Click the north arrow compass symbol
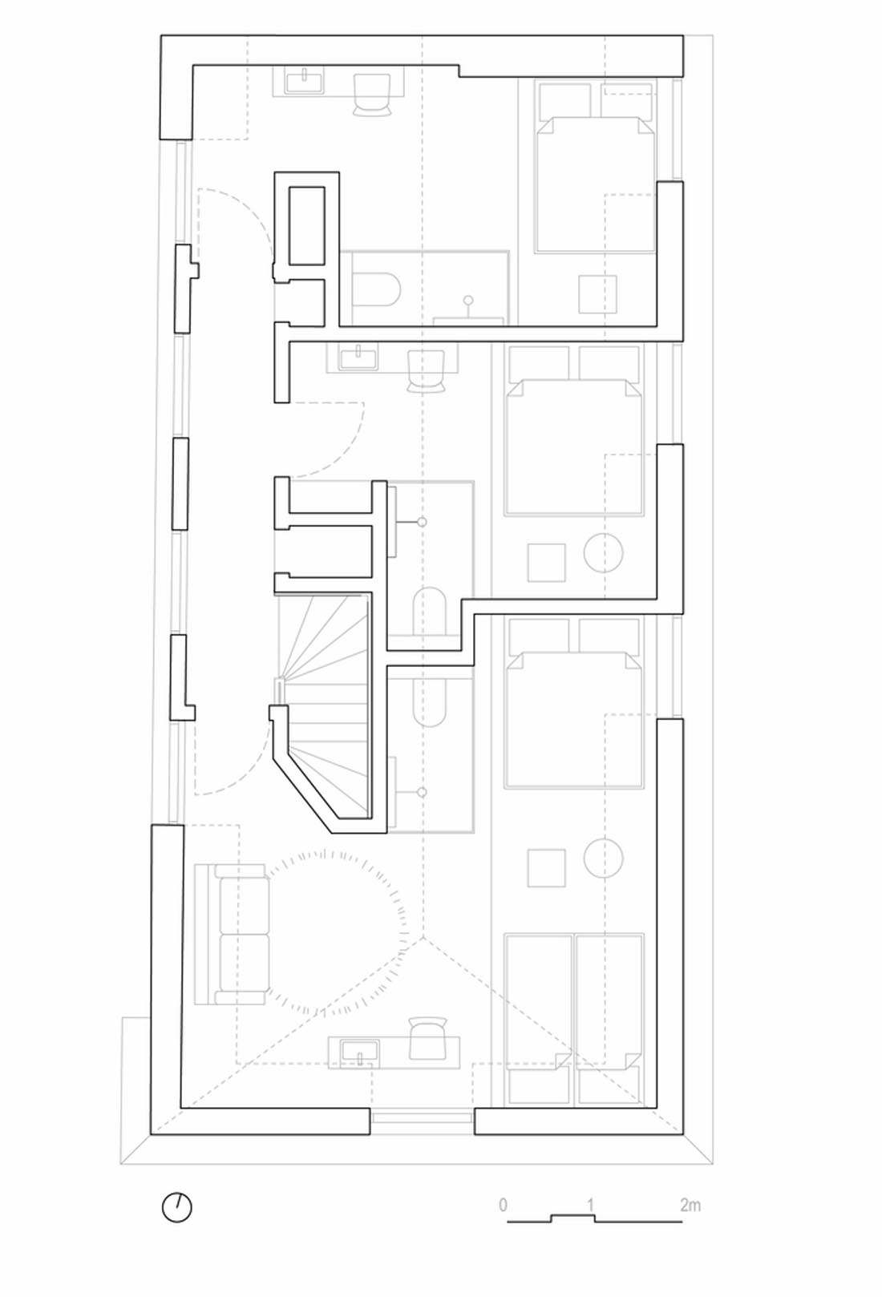176,1208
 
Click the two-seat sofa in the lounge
233,934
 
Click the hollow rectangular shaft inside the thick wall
306,226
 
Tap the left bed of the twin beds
538,1017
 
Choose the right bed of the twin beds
609,1017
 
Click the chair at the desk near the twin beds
427,1040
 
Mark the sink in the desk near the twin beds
360,1052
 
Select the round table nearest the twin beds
604,858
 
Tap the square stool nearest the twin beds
547,868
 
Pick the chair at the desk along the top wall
372,92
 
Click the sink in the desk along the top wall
304,81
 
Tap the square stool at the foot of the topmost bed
597,294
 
